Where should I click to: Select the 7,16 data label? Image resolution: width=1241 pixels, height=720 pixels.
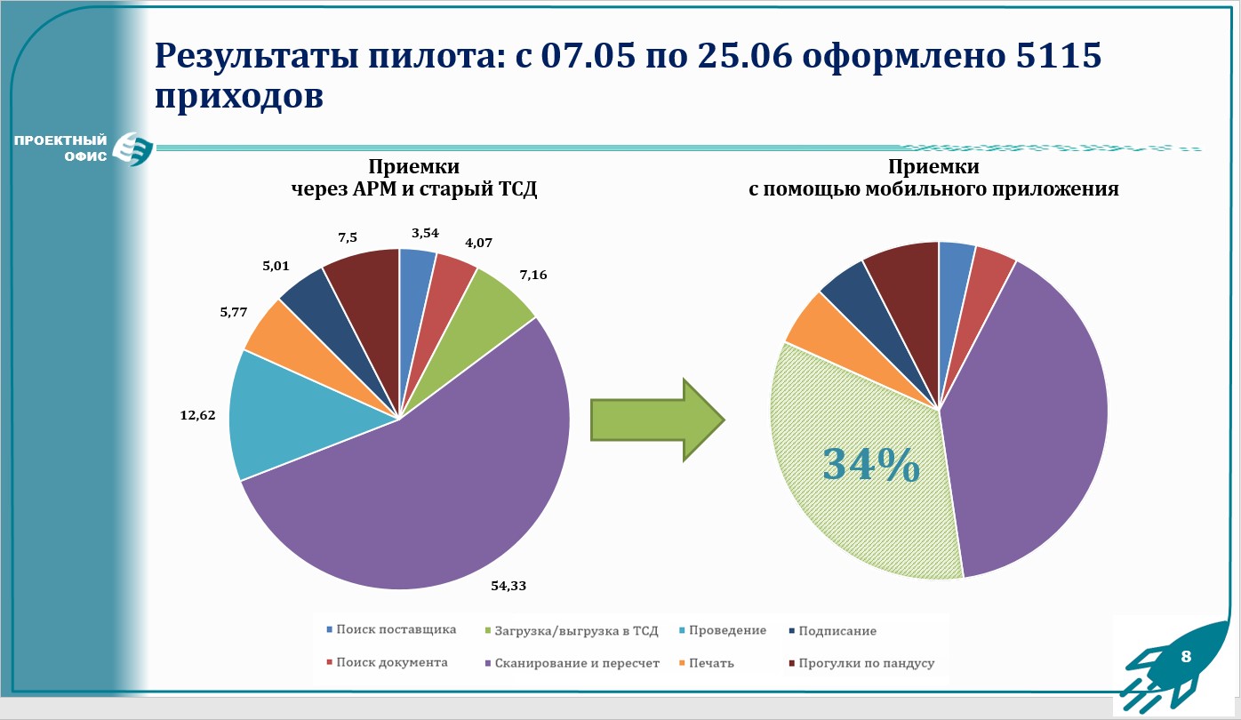coord(533,275)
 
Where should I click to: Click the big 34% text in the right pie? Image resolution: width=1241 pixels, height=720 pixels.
coord(871,465)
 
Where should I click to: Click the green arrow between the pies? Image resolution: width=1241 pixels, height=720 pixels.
coord(659,420)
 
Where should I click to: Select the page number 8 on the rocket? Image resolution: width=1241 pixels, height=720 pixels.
coord(1185,658)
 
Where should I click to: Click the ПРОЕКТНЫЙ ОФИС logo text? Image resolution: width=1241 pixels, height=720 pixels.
coord(60,148)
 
